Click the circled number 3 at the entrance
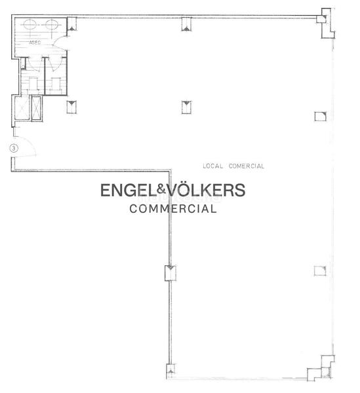[x=13, y=149]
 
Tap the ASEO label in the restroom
[x=35, y=43]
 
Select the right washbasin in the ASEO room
[x=52, y=26]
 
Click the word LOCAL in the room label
[x=214, y=166]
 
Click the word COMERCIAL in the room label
[x=246, y=166]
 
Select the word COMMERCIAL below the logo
[x=172, y=210]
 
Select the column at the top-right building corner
[x=323, y=18]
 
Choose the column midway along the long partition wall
[x=170, y=272]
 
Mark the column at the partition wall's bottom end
[x=170, y=372]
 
